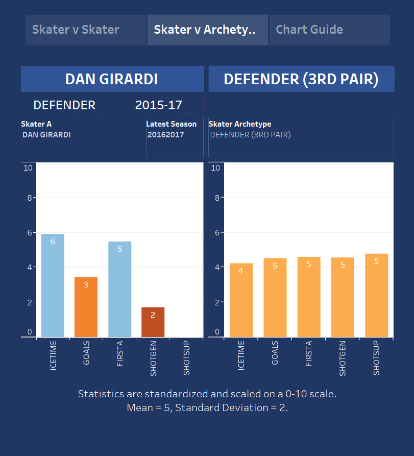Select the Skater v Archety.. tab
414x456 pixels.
tap(207, 30)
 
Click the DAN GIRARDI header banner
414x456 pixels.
tap(112, 79)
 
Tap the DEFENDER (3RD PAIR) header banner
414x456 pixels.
tap(301, 79)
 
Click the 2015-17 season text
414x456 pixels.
tap(158, 105)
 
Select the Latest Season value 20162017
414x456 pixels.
tap(166, 135)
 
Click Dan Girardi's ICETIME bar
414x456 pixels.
tap(53, 286)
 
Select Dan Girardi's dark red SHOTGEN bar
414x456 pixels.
tap(153, 322)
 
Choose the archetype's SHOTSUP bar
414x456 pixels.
tap(376, 296)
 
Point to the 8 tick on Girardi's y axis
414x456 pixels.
tap(29, 198)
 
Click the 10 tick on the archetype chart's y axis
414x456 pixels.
tap(215, 167)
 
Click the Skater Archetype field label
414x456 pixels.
tap(240, 124)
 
